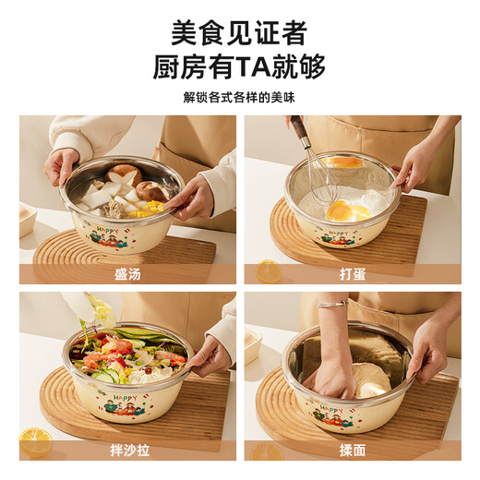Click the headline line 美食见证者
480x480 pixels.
[239, 34]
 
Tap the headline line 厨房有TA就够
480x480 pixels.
[239, 68]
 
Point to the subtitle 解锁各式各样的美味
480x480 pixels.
[239, 98]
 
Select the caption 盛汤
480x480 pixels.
[128, 273]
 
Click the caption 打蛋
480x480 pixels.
[352, 273]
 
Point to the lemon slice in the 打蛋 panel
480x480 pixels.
[269, 270]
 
